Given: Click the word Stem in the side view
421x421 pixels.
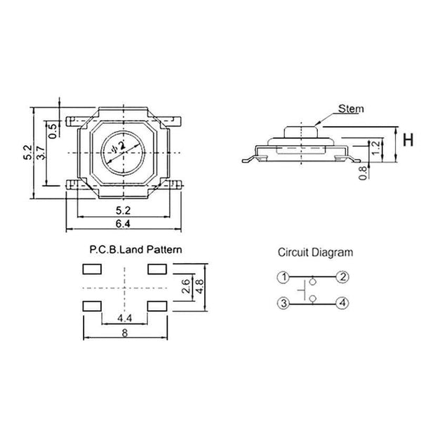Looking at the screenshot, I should (x=351, y=109).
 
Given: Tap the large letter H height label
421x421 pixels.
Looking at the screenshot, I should (x=405, y=140).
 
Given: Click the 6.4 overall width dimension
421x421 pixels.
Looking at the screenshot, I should (x=124, y=224).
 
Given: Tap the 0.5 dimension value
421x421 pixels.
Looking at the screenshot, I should (x=53, y=131).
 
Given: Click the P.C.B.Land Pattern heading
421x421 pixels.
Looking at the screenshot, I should (x=135, y=249).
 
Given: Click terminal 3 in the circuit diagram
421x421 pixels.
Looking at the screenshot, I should (x=283, y=303).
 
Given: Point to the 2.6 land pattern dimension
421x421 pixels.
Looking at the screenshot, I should (x=185, y=287).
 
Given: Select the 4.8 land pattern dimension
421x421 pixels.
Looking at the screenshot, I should (x=199, y=287).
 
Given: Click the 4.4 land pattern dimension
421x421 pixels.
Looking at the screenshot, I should (x=123, y=320).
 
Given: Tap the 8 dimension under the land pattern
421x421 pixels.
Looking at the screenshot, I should (x=123, y=335).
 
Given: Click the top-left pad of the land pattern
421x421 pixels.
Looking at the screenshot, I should (x=90, y=269).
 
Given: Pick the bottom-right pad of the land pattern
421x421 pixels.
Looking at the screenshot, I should (x=156, y=306).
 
